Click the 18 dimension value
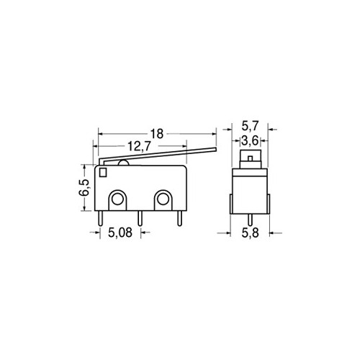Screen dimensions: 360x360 158,133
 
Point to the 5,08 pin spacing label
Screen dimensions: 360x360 120,233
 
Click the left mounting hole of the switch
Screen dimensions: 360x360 117,198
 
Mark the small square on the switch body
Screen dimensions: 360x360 104,173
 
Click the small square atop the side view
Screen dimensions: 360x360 249,156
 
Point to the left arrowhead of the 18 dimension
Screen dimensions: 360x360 102,133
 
